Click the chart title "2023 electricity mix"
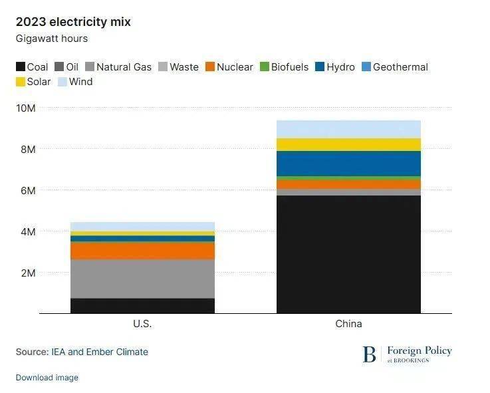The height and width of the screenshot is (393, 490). (73, 22)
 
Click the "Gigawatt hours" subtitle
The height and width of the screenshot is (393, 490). (52, 39)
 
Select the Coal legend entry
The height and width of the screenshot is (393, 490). (32, 66)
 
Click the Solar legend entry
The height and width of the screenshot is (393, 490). (33, 82)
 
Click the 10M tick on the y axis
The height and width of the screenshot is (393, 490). (27, 108)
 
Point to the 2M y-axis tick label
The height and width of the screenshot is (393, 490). (29, 273)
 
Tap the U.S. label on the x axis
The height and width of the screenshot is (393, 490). (142, 324)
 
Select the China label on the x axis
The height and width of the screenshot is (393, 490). (348, 324)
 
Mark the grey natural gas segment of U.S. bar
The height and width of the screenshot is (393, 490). (142, 279)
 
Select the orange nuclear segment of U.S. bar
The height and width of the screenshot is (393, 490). (142, 250)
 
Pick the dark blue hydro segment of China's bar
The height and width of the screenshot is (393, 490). (348, 164)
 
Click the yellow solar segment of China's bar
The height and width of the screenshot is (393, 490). (348, 144)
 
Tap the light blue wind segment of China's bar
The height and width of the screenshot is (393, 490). (348, 129)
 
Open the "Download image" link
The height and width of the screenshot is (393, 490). (47, 378)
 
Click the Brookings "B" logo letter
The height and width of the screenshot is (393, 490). (369, 354)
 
